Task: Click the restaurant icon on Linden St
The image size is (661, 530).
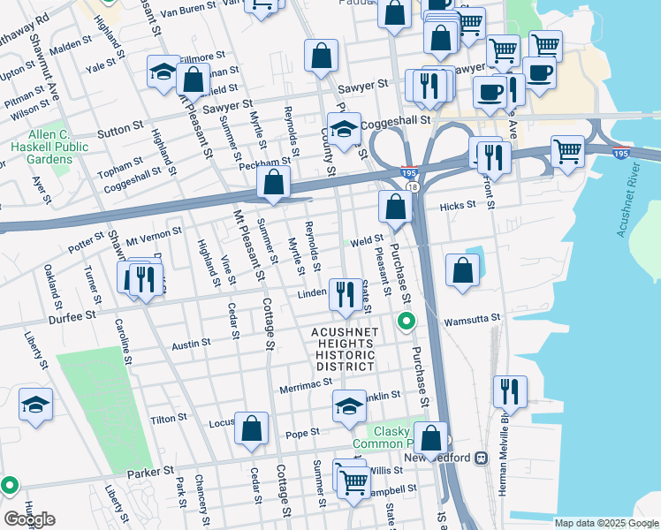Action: [x=343, y=291]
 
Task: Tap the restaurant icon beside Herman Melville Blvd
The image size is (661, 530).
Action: [x=510, y=390]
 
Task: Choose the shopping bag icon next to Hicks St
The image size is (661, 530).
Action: [x=395, y=207]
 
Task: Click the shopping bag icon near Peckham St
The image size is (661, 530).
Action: [x=274, y=183]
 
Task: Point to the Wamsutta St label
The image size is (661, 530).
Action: [x=472, y=318]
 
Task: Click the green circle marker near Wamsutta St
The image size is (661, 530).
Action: [x=406, y=320]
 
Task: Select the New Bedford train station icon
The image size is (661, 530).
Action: [x=482, y=458]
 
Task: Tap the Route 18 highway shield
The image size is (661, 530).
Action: [x=413, y=186]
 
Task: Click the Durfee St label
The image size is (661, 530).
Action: [x=72, y=315]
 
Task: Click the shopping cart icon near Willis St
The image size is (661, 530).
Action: [x=353, y=482]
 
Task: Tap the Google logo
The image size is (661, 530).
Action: [x=28, y=519]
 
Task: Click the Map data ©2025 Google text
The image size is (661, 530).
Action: [x=604, y=523]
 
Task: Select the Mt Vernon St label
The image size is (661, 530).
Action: [x=153, y=234]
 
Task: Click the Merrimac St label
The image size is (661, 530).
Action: [x=305, y=384]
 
